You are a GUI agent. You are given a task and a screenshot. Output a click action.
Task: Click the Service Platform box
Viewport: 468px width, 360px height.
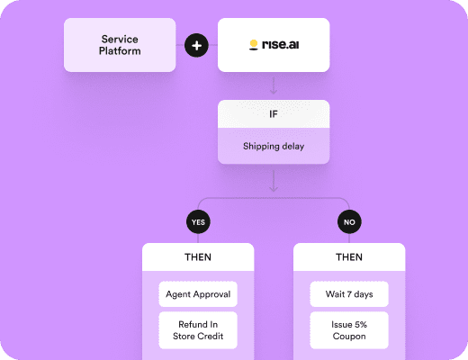coord(120,45)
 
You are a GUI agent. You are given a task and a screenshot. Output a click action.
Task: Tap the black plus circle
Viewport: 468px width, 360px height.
coord(196,46)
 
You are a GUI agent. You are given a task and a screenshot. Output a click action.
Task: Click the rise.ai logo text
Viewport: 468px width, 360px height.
coord(281,44)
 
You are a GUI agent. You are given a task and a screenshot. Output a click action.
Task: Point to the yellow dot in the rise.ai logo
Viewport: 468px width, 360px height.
coord(254,43)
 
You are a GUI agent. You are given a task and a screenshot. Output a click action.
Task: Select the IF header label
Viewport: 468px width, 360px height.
coord(274,114)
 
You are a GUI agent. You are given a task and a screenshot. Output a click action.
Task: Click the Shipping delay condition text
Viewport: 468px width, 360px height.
coord(274,146)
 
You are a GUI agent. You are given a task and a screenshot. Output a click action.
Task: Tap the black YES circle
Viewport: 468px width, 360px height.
coord(198,222)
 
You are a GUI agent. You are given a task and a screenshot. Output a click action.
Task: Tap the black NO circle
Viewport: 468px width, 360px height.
coord(349,222)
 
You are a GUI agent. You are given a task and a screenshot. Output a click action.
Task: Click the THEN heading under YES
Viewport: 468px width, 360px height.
coord(198,257)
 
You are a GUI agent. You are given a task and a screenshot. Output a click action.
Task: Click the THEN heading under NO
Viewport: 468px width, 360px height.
coord(349,257)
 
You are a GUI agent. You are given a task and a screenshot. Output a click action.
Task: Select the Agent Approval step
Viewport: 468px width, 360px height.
coord(198,294)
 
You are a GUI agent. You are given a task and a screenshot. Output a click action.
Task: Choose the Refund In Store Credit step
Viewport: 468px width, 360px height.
coord(198,330)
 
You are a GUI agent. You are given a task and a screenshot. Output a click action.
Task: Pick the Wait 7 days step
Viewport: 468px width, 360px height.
coord(349,294)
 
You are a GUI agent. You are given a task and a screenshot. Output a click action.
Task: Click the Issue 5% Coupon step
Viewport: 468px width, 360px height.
coord(349,330)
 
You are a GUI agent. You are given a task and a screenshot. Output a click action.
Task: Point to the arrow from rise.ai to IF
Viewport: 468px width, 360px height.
coord(274,85)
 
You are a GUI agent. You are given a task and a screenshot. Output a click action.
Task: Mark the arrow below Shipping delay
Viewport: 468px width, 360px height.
coord(274,181)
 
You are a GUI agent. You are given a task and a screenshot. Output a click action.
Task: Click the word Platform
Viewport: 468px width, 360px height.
coord(120,51)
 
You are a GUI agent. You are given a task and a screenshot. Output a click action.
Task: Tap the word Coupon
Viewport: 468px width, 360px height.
coord(349,337)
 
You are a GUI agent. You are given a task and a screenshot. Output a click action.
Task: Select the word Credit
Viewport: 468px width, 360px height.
coord(210,336)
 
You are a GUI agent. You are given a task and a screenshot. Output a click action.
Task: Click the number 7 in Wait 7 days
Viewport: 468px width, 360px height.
coord(349,294)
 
